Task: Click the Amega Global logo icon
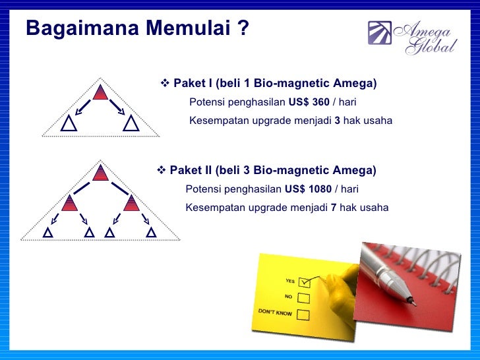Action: coord(379,34)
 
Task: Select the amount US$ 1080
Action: coord(311,189)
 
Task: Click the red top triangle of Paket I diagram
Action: coord(100,92)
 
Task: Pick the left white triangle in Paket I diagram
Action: coord(69,123)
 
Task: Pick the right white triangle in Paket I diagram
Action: coord(131,123)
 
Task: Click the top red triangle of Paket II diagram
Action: coord(100,173)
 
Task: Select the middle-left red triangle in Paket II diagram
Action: coord(69,203)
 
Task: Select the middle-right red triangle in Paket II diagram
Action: coord(131,203)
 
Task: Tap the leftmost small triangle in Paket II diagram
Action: coord(47,232)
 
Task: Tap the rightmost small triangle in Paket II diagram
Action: coord(152,232)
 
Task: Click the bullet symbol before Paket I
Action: coord(165,84)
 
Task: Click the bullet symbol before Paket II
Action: coord(162,171)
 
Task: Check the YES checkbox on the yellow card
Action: coord(304,282)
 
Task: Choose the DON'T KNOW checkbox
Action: coord(303,314)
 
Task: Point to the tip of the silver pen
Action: coord(413,303)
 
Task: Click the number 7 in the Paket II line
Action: coord(334,208)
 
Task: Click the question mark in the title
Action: coord(243,30)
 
